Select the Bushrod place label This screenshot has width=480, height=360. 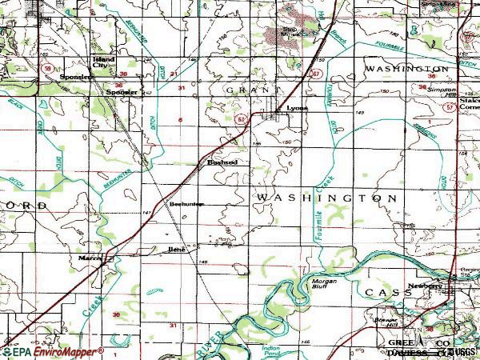[x=222, y=162]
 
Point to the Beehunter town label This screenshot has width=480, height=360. [x=187, y=204]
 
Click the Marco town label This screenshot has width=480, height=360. [x=88, y=258]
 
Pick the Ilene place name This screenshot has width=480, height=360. [x=177, y=250]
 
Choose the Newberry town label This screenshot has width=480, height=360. [x=425, y=286]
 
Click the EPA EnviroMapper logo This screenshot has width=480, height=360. [x=53, y=351]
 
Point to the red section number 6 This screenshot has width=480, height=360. [x=181, y=121]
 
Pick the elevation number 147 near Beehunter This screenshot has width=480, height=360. [x=147, y=213]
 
